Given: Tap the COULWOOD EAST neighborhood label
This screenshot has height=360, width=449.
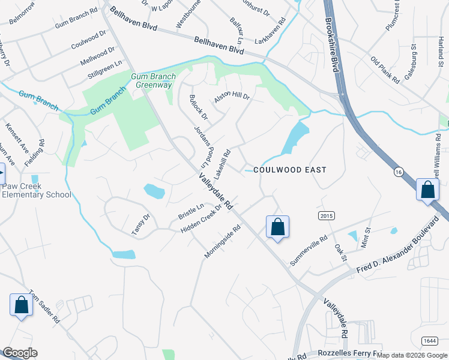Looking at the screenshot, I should coord(290,170).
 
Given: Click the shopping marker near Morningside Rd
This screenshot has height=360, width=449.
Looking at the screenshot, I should coord(277,227).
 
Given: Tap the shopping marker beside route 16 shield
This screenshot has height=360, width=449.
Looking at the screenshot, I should coord(429,190).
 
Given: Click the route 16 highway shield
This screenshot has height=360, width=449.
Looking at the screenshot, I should coord(398,189).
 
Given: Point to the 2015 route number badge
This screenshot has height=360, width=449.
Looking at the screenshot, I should coord(325,215).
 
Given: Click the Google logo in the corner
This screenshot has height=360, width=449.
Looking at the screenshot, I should coord(20,353).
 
